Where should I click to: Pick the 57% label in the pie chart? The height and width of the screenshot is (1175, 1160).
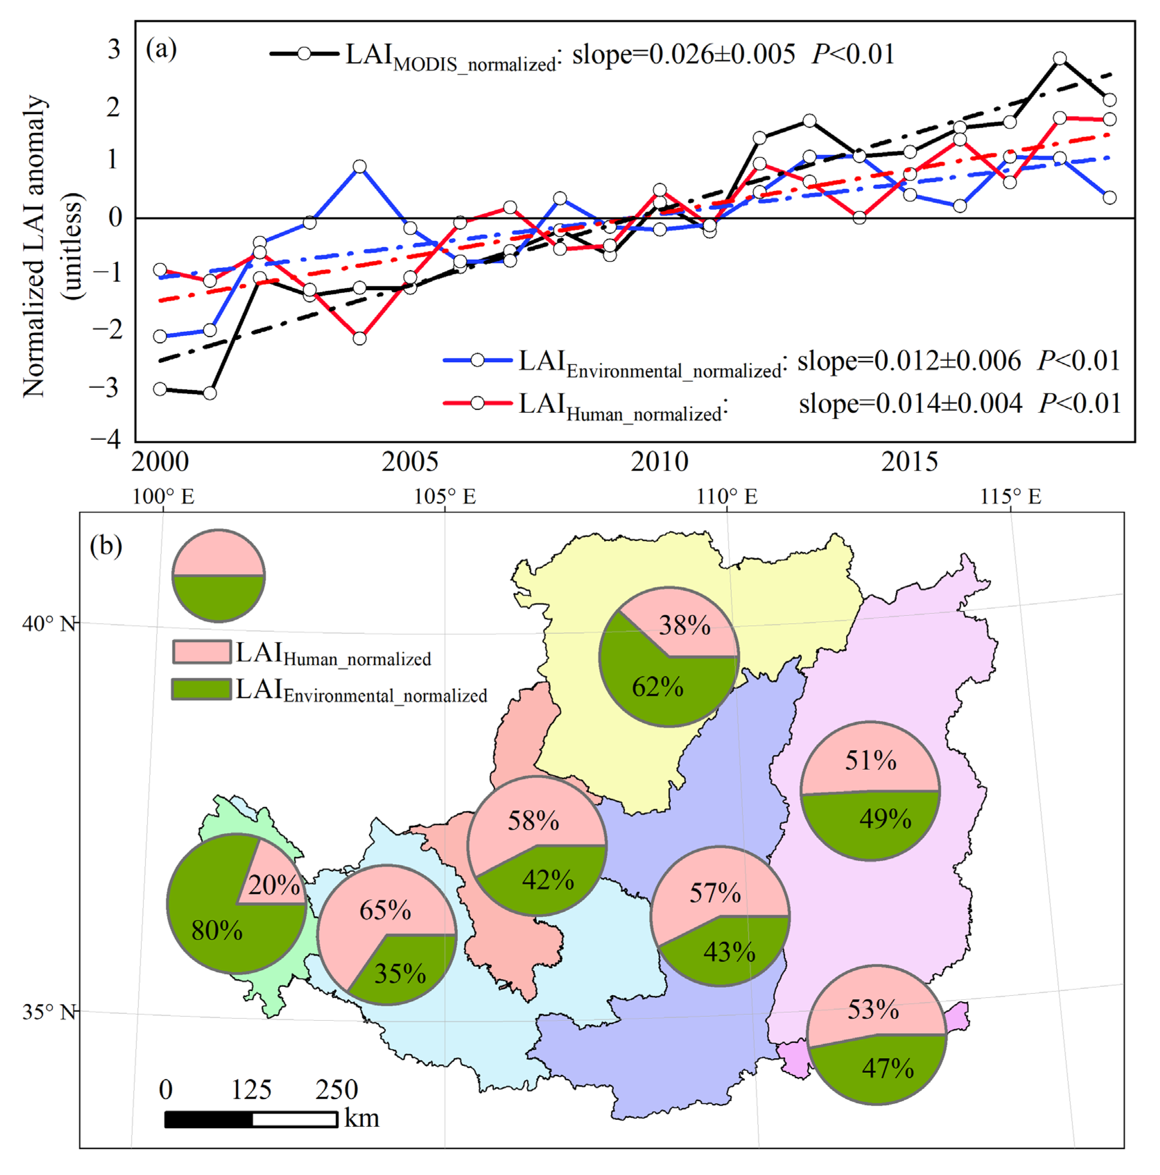coord(715,893)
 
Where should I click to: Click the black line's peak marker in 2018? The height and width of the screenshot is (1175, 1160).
coord(1059,58)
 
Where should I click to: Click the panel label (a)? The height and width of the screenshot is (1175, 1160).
coord(161,49)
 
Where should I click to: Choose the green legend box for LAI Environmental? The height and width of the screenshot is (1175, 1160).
coord(201,689)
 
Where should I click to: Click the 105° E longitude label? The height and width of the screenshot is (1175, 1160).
coord(445,497)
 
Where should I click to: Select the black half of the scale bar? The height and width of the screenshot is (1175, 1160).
coord(209,1119)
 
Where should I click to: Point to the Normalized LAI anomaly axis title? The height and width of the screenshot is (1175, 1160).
coord(35,246)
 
